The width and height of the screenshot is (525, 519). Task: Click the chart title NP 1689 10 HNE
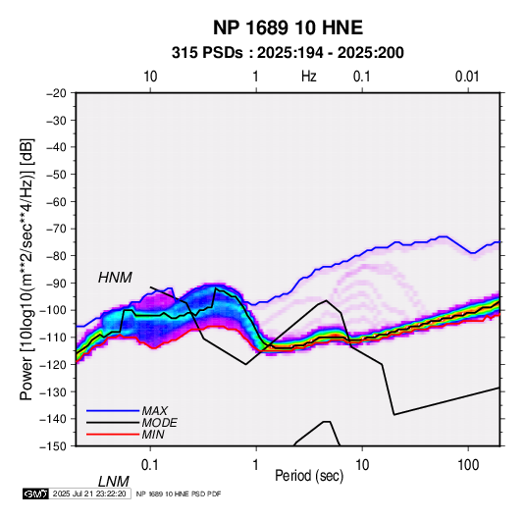coord(288,27)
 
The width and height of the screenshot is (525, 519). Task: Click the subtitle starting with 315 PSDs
coord(288,53)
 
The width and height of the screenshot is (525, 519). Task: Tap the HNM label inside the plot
coord(115,278)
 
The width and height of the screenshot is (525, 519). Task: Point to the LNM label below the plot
coord(113,482)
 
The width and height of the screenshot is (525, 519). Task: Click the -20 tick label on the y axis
coord(56,93)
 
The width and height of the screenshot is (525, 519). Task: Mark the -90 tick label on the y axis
coord(56,283)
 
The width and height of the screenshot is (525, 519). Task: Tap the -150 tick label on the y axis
coord(53,446)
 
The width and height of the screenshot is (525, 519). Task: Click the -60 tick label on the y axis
coord(56,201)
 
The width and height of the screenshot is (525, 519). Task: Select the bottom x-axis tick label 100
coord(468,465)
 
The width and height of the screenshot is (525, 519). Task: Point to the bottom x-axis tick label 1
coord(256,465)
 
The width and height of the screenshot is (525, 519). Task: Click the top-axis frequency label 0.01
coord(467,77)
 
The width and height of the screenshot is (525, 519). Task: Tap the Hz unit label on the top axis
coord(309,77)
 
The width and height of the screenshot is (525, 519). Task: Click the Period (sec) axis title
coord(309,476)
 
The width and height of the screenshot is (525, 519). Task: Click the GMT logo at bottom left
coord(35,493)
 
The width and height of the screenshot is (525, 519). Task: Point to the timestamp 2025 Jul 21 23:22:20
coord(89,493)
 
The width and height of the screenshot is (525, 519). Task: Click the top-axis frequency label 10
coord(150,77)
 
